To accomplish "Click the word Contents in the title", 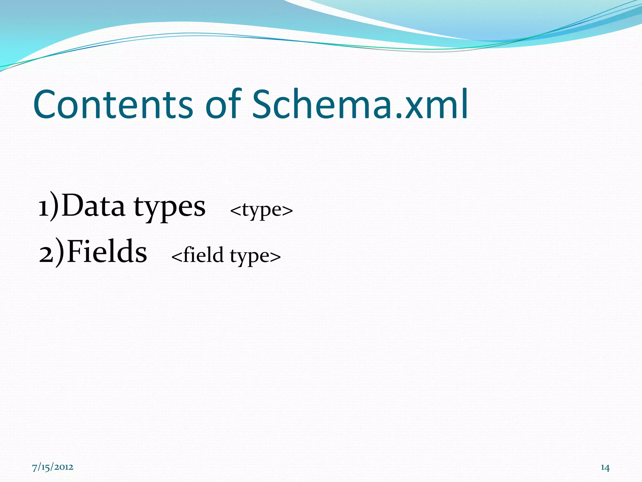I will pos(113,104).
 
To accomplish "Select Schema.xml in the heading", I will pos(360,104).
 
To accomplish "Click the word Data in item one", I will pos(93,206).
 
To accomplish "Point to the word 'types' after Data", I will pos(170,208).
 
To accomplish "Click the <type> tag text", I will pos(261,210).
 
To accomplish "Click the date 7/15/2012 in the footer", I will pos(53,467).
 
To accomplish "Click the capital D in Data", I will pos(72,205).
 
